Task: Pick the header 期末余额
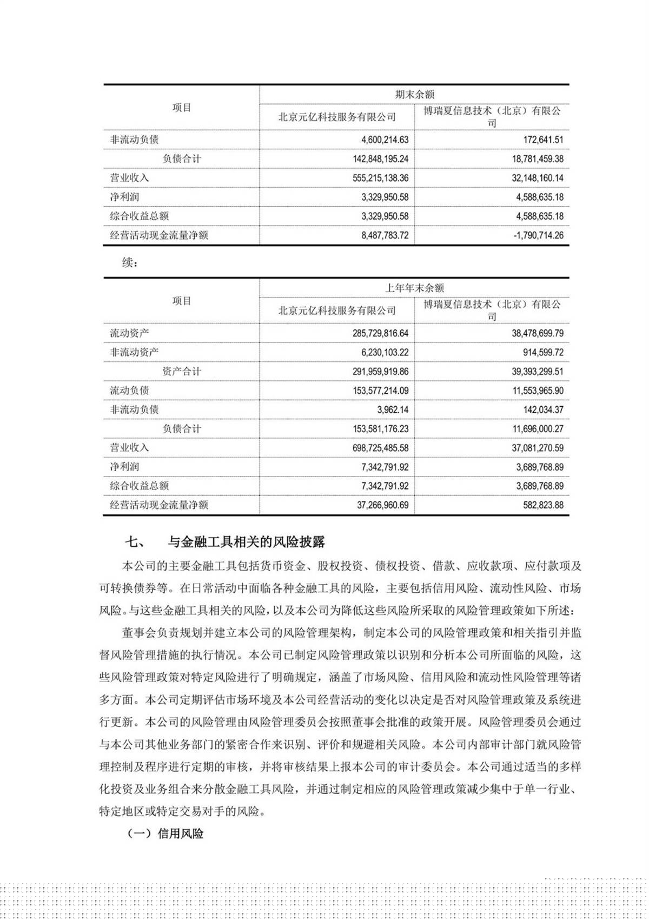click(414, 95)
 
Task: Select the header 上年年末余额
click(414, 288)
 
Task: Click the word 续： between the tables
click(130, 263)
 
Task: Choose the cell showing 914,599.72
click(539, 353)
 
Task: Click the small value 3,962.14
click(393, 410)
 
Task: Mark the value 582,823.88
click(539, 505)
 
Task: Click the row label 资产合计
click(182, 372)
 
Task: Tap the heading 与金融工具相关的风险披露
click(246, 541)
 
